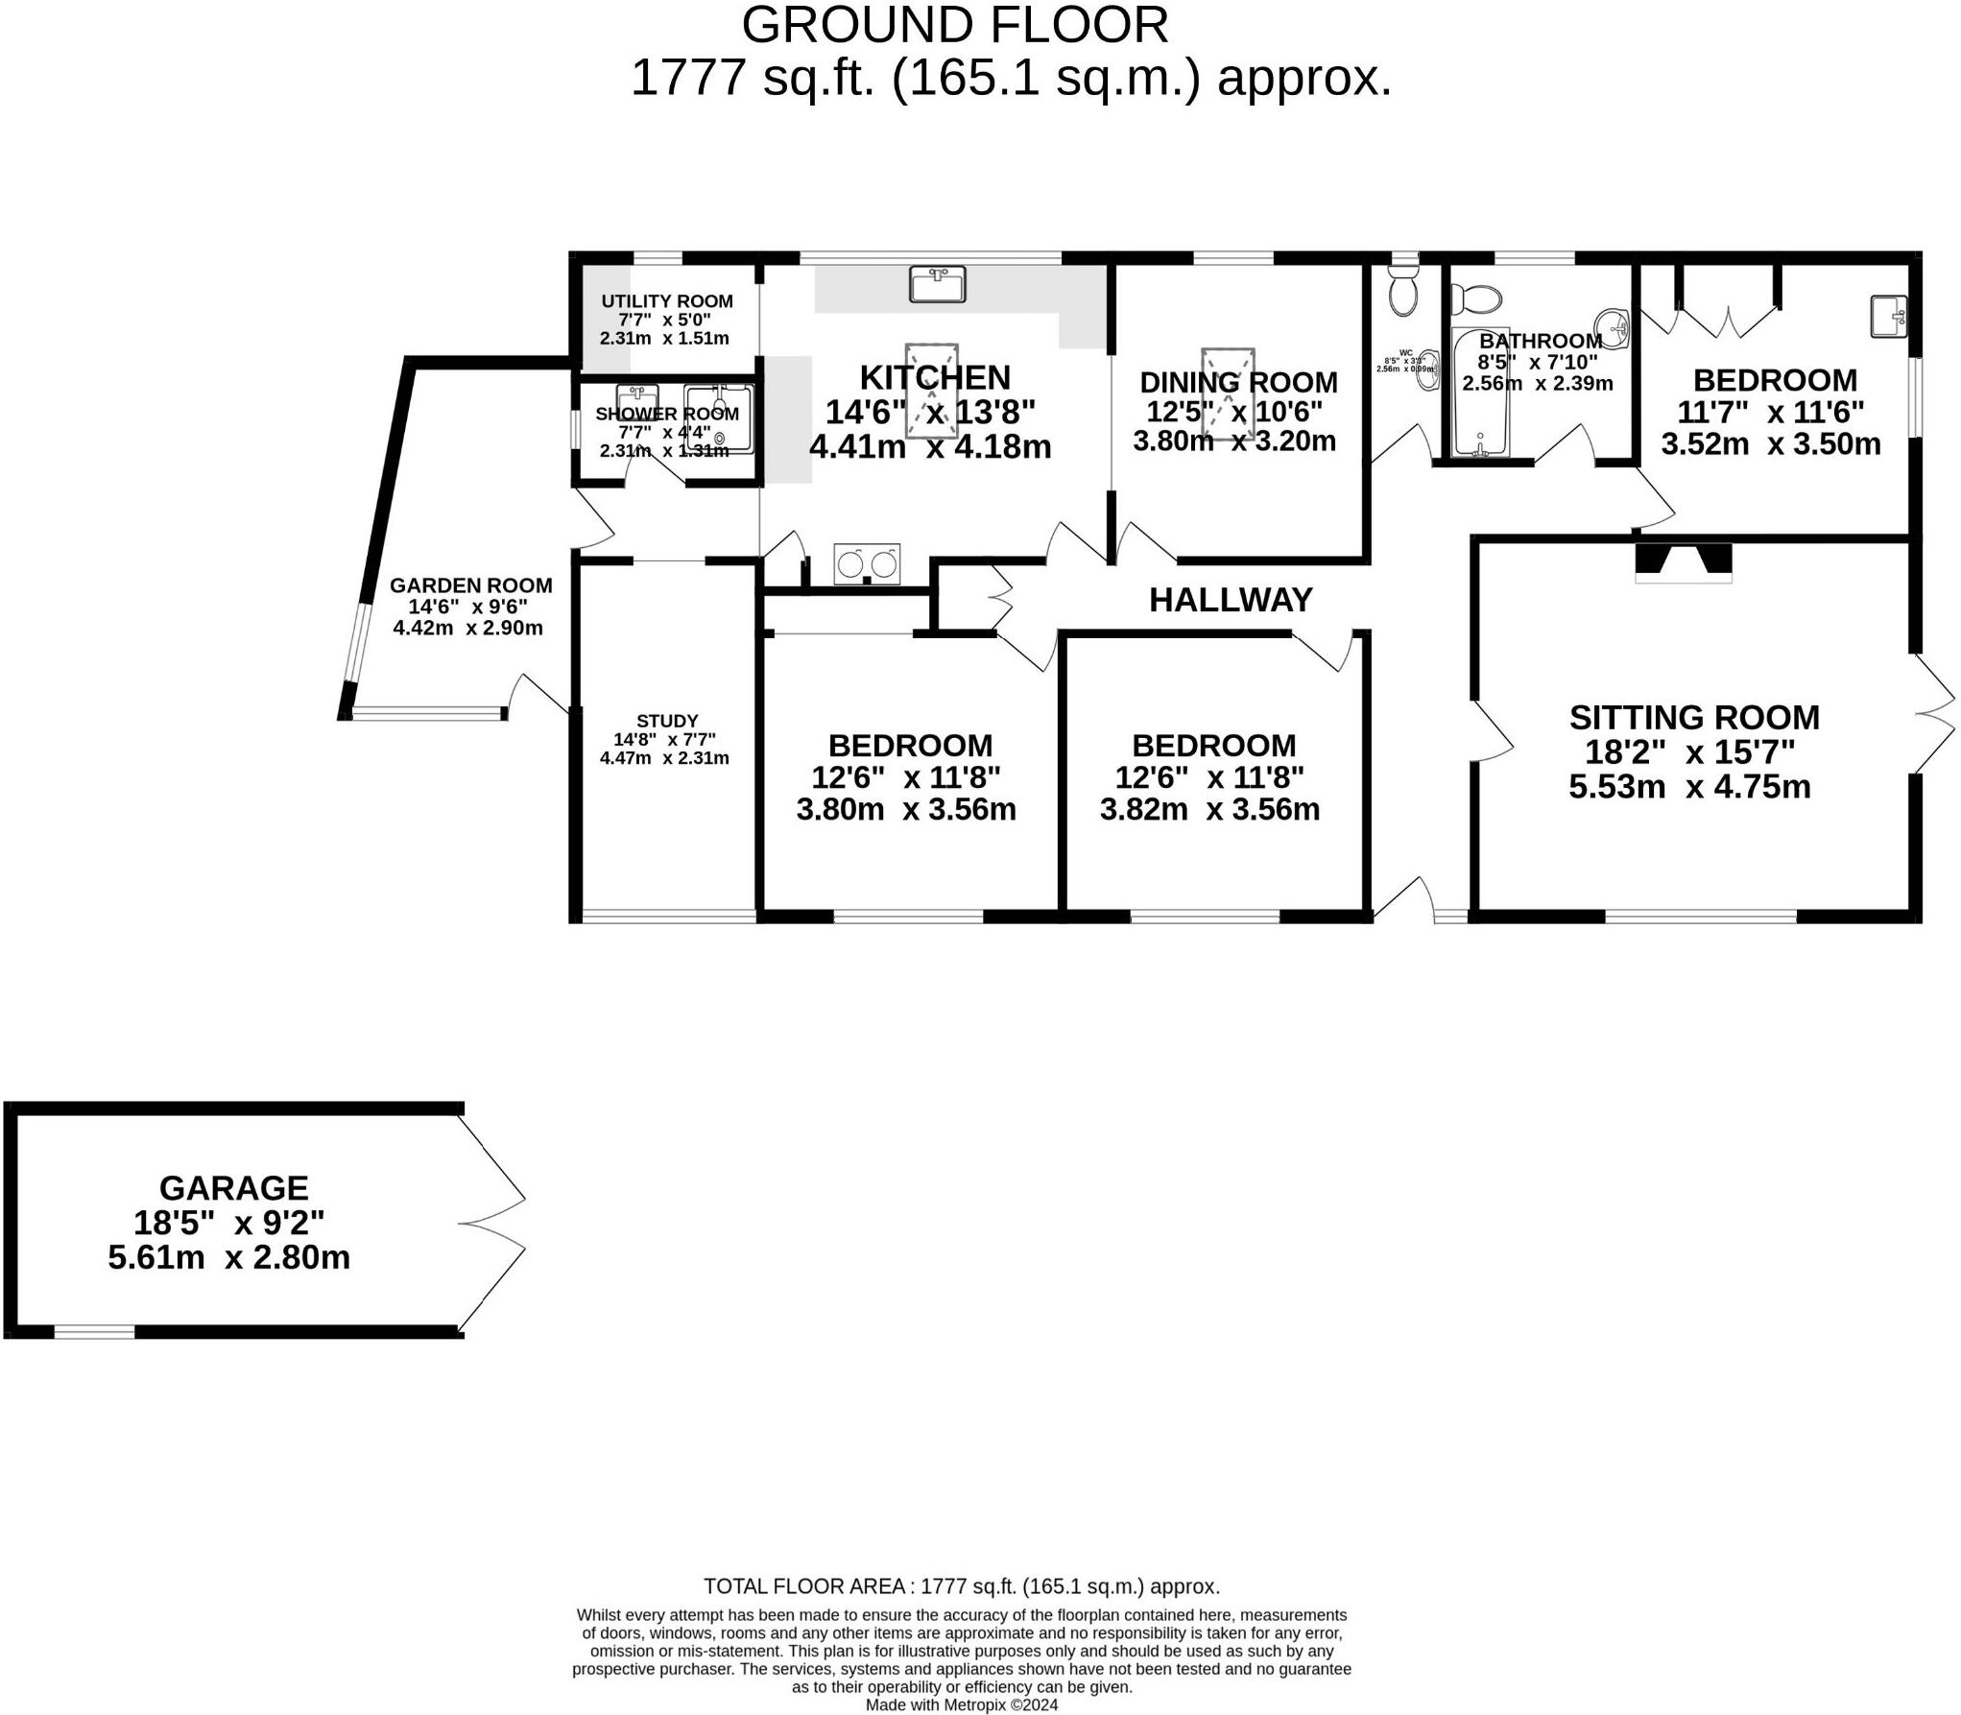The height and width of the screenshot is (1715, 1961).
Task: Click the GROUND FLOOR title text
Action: click(x=955, y=26)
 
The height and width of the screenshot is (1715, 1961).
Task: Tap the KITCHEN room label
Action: click(x=934, y=377)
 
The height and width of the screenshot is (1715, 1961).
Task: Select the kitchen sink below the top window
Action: click(x=937, y=285)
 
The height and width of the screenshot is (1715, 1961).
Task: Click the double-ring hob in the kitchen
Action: click(x=868, y=564)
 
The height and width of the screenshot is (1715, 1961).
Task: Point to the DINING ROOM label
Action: click(x=1238, y=382)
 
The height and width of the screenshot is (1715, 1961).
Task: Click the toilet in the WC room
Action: click(x=1403, y=292)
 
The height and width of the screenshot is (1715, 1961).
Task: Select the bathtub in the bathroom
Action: click(x=1480, y=393)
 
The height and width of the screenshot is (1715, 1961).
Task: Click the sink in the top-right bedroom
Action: click(x=1888, y=316)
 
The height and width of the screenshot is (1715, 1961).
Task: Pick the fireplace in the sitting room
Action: click(x=1684, y=562)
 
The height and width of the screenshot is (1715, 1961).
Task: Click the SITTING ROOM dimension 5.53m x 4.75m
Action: click(x=1689, y=787)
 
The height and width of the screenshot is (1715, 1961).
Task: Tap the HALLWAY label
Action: click(x=1231, y=600)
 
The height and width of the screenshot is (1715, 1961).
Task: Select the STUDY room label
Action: click(x=667, y=721)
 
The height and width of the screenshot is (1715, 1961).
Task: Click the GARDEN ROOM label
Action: click(x=470, y=585)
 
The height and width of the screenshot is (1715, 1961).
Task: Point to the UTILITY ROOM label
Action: click(x=667, y=301)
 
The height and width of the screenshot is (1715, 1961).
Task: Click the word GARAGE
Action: click(x=233, y=1188)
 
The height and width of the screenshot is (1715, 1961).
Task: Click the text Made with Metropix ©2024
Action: click(x=962, y=1704)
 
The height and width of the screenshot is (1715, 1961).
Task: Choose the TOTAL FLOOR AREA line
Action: click(x=962, y=1586)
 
